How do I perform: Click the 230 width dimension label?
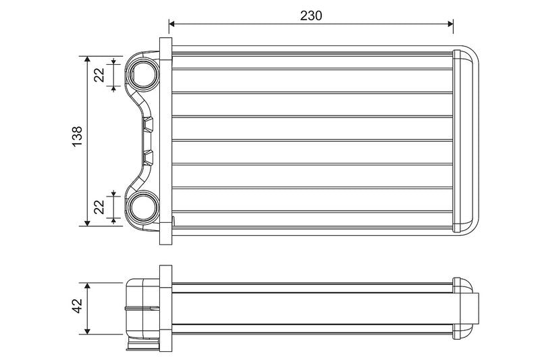pyautogui.click(x=311, y=16)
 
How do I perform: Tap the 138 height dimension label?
pyautogui.click(x=78, y=136)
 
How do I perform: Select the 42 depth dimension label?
pyautogui.click(x=78, y=305)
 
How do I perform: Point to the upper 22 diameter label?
pyautogui.click(x=99, y=75)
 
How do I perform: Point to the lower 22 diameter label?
pyautogui.click(x=99, y=207)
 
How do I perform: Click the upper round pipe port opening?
pyautogui.click(x=142, y=75)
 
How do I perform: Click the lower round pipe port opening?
pyautogui.click(x=142, y=207)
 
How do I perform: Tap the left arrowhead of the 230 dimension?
pyautogui.click(x=172, y=24)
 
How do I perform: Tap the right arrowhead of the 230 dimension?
pyautogui.click(x=450, y=24)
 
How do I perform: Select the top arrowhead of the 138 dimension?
pyautogui.click(x=87, y=59)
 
